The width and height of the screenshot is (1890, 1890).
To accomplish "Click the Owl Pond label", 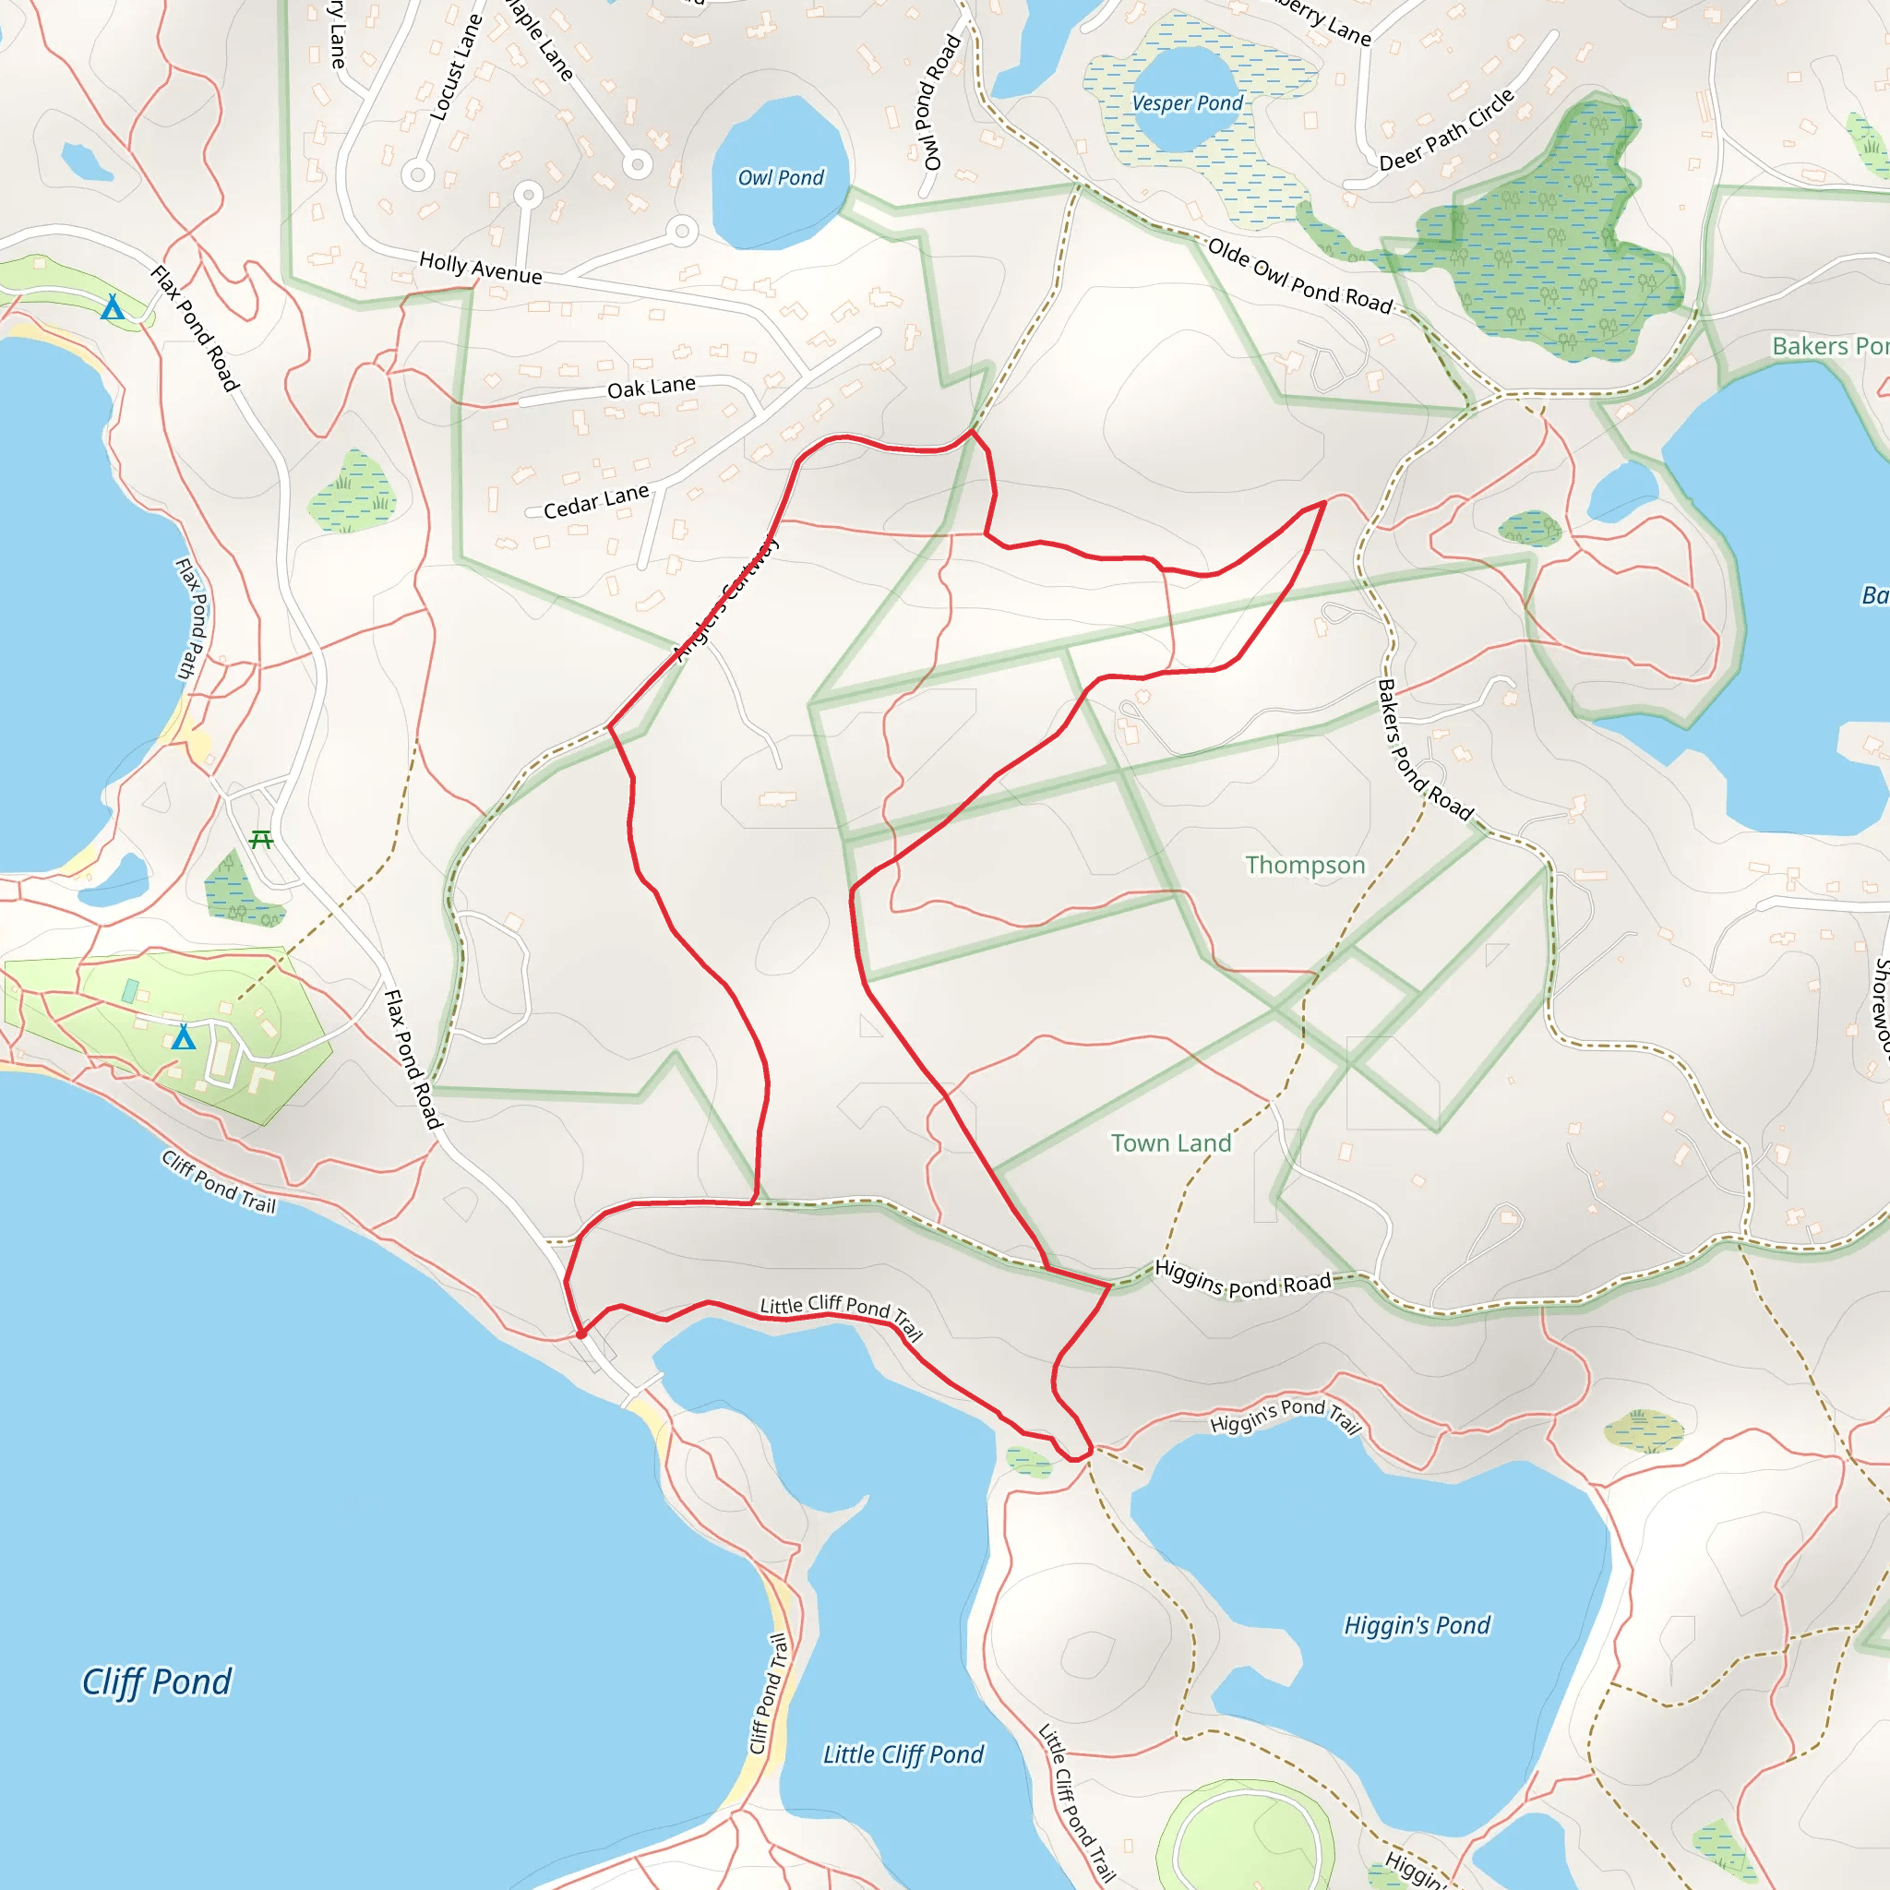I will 781,177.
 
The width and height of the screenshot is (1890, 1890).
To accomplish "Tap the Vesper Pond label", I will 1187,102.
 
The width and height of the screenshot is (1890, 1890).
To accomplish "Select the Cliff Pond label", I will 157,1681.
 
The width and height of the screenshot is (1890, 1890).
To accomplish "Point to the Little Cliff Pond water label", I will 903,1754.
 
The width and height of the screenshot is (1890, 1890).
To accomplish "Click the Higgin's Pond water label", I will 1417,1625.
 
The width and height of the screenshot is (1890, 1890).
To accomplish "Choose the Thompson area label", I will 1305,865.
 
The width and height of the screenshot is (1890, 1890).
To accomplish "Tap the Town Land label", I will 1171,1142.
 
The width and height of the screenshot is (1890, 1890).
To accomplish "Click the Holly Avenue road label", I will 480,267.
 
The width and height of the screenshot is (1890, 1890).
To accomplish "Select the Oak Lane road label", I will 652,388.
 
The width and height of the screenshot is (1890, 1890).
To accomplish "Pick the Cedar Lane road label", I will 596,501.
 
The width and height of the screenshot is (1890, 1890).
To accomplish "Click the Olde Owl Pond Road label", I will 1300,276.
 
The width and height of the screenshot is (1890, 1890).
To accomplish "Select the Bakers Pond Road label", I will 1424,750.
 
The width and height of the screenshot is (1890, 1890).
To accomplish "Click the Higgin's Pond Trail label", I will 1286,1415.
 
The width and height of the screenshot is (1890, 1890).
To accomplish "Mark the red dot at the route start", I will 581,1334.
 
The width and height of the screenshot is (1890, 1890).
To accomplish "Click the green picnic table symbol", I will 261,840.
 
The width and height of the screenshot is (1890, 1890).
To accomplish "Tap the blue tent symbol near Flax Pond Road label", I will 113,307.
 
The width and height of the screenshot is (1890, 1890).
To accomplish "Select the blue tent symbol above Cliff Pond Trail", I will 183,1037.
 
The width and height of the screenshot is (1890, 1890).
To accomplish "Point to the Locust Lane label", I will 456,68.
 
